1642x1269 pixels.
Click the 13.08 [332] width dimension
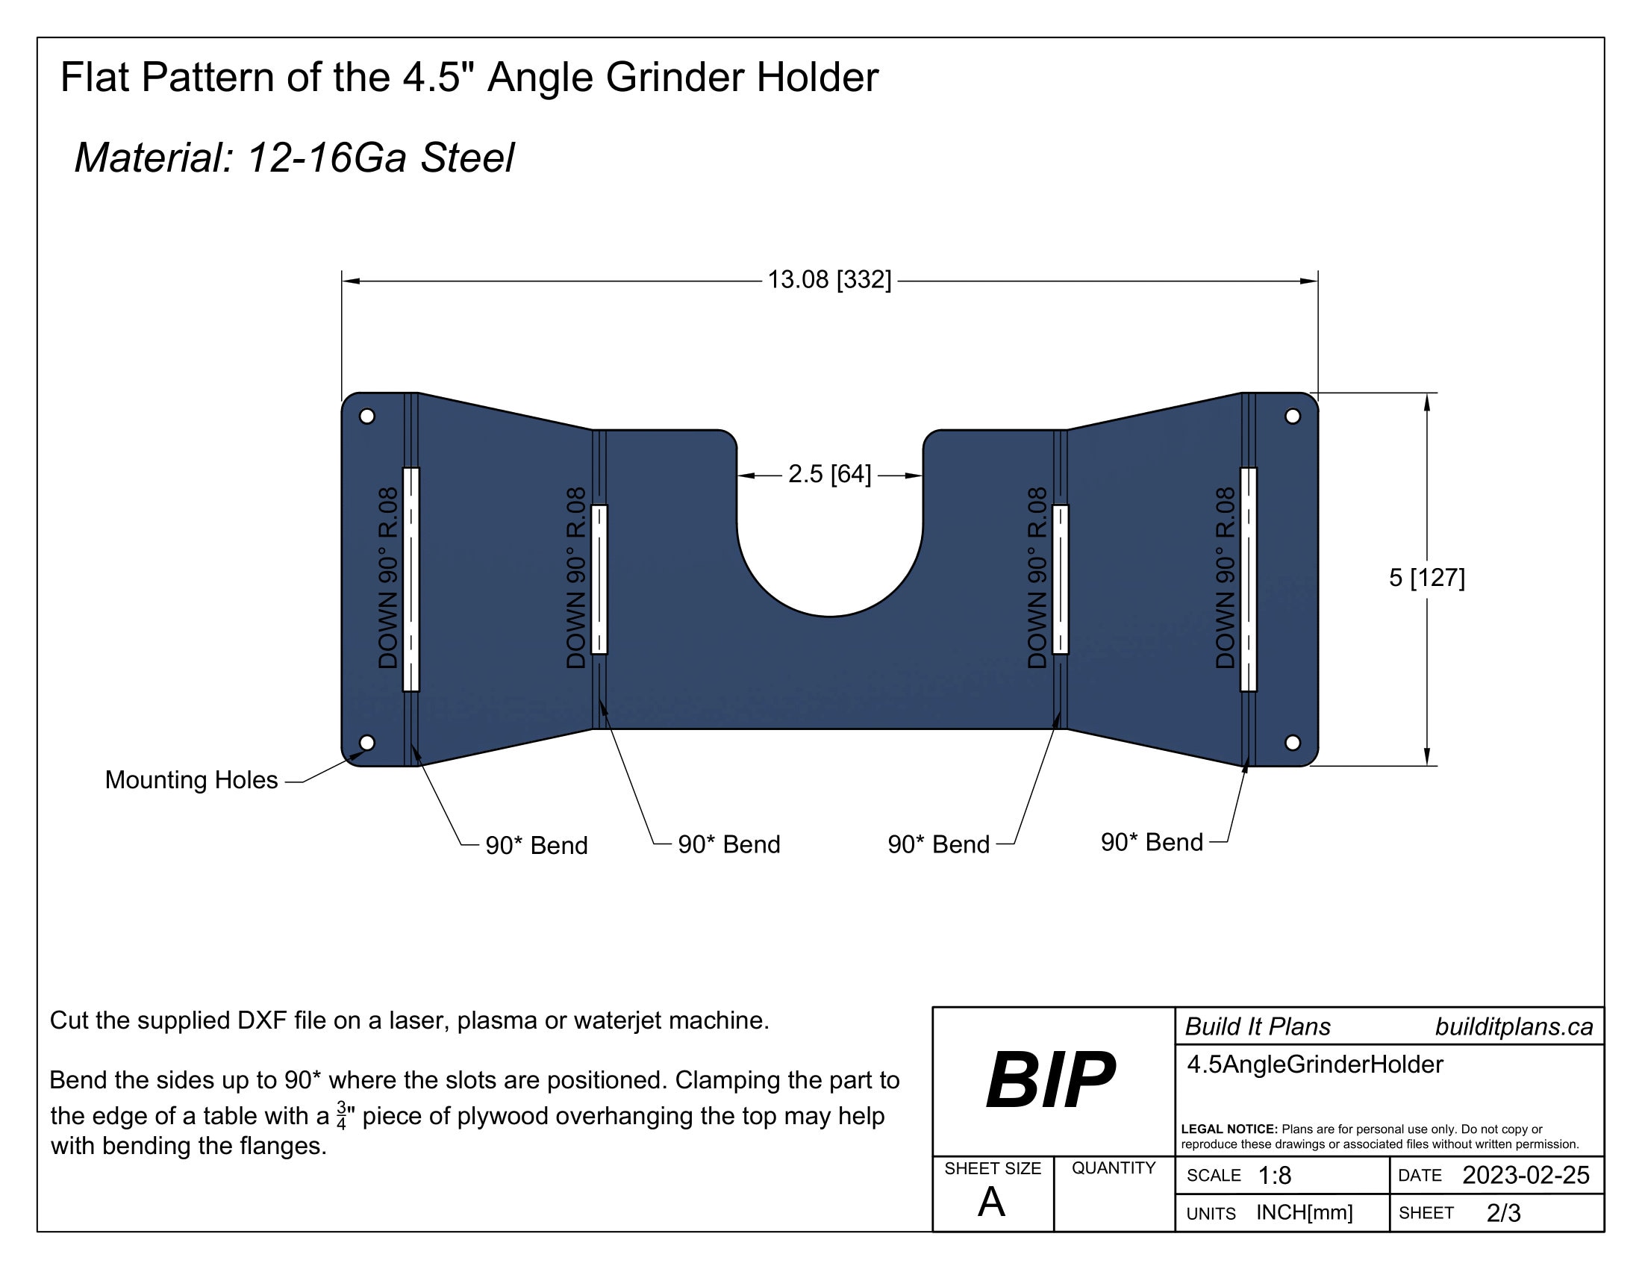pos(828,280)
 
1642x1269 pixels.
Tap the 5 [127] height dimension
pos(1426,577)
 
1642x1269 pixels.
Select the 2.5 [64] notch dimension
pos(829,474)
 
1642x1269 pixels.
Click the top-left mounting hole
pos(367,416)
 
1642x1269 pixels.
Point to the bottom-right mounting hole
pos(1293,743)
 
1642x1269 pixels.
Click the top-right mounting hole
pos(1293,416)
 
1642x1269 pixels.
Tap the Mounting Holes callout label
pos(191,780)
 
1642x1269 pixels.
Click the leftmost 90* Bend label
pos(536,846)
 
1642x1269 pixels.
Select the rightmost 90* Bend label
pos(1151,842)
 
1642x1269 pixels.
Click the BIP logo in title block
pos(1050,1079)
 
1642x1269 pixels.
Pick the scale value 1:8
pos(1274,1176)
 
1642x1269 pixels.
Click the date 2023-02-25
pos(1526,1175)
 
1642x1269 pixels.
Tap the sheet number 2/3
pos(1503,1213)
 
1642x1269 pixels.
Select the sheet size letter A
pos(991,1202)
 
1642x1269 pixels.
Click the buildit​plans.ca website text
pos(1514,1027)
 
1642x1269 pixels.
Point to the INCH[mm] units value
pos(1305,1212)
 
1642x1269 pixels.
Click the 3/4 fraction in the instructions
pos(341,1116)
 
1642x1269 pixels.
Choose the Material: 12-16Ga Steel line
pos(294,158)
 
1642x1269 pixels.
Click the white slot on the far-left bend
pos(410,579)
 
